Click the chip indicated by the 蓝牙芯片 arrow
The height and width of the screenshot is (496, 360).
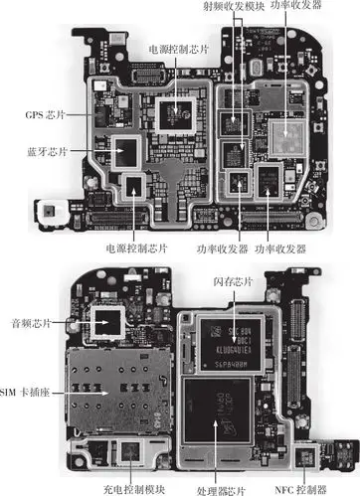click(128, 152)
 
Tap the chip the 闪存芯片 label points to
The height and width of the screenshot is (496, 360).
click(232, 342)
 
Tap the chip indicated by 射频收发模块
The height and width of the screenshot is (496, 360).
click(236, 124)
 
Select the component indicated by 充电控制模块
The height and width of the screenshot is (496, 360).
click(129, 453)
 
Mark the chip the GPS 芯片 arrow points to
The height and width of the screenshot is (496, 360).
click(99, 111)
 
